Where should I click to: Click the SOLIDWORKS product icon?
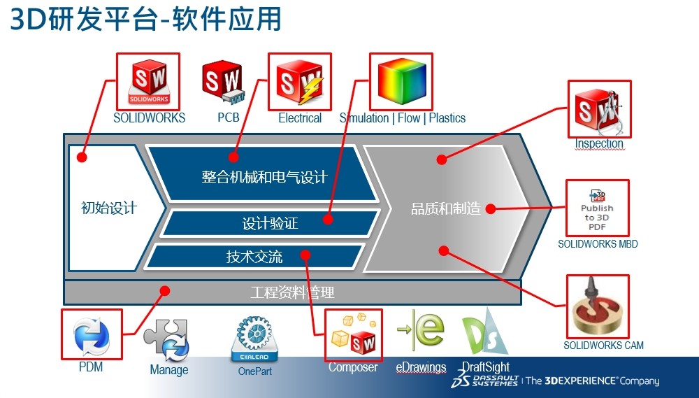click(x=148, y=81)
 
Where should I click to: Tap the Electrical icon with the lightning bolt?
click(x=300, y=81)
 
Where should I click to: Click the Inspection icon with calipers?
click(x=598, y=109)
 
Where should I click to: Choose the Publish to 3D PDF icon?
click(x=597, y=208)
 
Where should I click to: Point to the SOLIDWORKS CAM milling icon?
click(x=598, y=307)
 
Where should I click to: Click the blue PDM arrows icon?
click(x=92, y=336)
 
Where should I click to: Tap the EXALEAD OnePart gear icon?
click(x=255, y=340)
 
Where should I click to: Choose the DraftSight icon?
click(x=483, y=337)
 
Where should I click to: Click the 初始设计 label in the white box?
click(x=109, y=208)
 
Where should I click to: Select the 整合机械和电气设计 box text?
click(x=264, y=176)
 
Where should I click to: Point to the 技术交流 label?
click(x=254, y=257)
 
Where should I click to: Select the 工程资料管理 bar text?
click(x=292, y=292)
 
